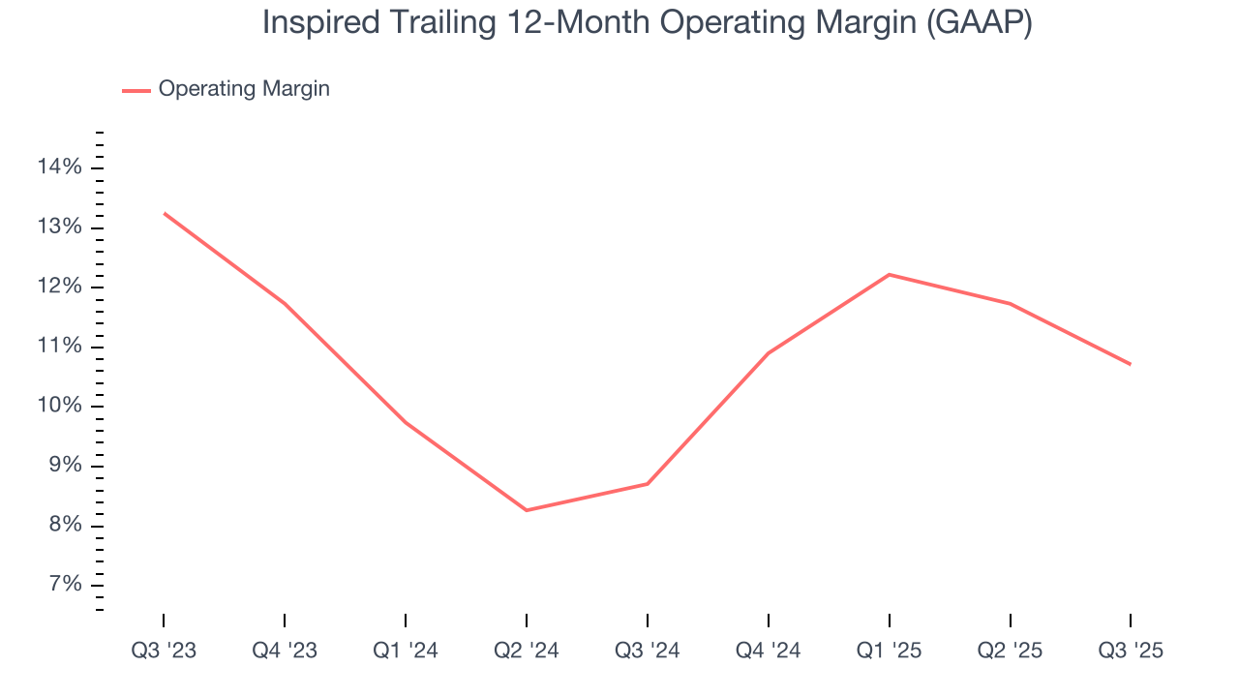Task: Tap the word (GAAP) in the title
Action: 979,24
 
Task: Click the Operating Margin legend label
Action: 244,89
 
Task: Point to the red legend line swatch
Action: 136,90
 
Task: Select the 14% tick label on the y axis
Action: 59,167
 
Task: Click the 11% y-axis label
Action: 59,347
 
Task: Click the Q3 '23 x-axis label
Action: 164,651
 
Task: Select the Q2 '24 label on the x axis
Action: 526,651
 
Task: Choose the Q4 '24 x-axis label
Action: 768,651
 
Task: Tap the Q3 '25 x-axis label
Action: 1131,651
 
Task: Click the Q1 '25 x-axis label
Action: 889,651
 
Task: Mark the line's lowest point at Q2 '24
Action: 526,510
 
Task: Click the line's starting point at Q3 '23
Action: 164,213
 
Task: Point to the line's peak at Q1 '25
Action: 889,275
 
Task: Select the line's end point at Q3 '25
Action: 1131,364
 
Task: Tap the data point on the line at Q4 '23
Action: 285,304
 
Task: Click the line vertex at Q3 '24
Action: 647,484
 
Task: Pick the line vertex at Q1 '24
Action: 405,423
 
